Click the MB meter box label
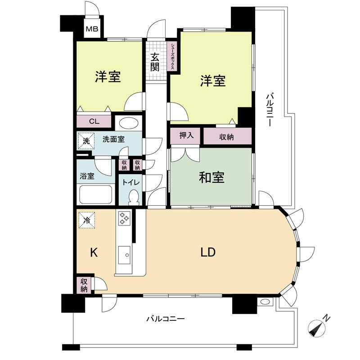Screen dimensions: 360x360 (92, 30)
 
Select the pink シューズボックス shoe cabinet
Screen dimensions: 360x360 (173, 56)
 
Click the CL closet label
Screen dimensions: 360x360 (94, 121)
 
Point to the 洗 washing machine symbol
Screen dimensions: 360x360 (86, 140)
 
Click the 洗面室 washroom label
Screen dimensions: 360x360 (113, 139)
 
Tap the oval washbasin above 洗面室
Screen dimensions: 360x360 (129, 123)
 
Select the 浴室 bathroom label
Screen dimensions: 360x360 (87, 176)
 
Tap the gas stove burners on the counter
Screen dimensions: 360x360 (124, 219)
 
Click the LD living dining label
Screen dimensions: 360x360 (208, 252)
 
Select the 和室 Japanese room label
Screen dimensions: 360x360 (211, 178)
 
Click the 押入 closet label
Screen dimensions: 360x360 (186, 135)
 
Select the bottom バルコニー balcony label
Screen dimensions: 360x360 (165, 319)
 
